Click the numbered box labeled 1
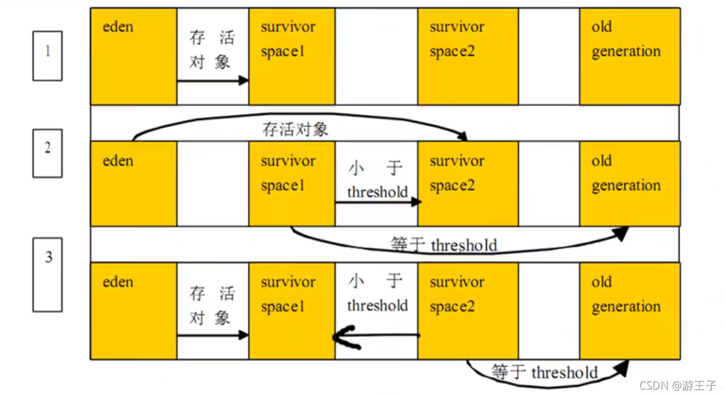point(47,55)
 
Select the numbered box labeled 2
point(47,153)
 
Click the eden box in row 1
point(134,56)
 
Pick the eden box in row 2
point(134,183)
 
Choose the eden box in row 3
point(134,311)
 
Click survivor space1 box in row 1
point(292,56)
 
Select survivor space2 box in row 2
point(468,183)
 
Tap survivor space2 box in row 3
point(468,311)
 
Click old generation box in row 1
point(629,56)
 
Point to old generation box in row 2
point(629,183)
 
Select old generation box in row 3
point(629,311)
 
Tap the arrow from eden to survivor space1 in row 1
point(212,80)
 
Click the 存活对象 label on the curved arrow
point(295,129)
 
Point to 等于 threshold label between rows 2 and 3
point(444,245)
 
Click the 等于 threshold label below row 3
point(545,372)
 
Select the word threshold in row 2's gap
point(377,192)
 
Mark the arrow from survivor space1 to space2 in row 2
point(377,202)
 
